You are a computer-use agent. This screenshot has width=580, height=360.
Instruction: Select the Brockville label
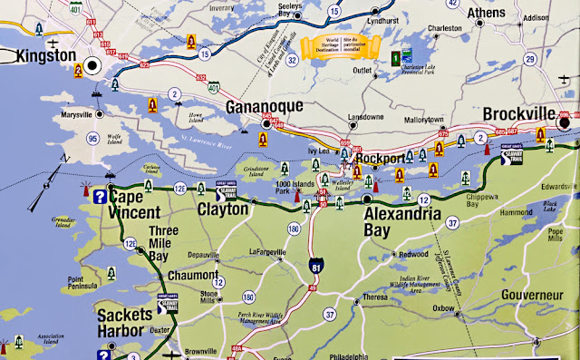(525, 115)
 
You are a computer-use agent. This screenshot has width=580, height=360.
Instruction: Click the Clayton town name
(223, 209)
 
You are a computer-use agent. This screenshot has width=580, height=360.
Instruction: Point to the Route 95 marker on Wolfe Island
(68, 139)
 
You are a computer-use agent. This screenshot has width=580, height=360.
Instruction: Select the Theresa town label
(374, 297)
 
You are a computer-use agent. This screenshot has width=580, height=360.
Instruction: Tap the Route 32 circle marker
(292, 62)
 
